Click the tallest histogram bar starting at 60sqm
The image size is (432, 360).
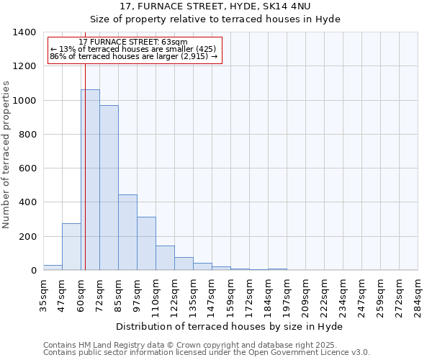tap(90, 180)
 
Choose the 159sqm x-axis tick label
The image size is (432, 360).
tap(230, 295)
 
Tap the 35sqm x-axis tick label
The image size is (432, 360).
tap(43, 295)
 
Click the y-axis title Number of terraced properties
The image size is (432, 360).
tap(7, 155)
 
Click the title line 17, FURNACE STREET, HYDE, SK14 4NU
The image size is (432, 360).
tap(217, 6)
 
